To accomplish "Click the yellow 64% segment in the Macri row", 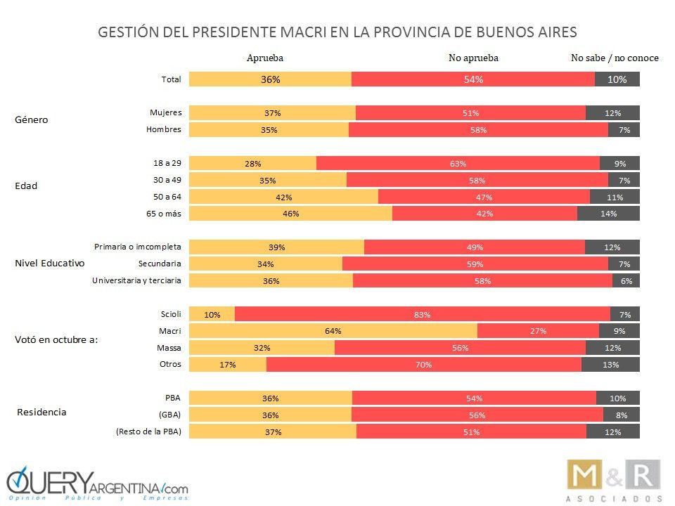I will (333, 331).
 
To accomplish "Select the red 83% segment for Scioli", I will (422, 314).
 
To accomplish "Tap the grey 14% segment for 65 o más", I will (608, 214).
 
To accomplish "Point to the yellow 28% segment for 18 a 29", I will (253, 164).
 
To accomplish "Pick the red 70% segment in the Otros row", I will (423, 365).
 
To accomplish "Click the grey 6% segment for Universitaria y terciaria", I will (626, 281).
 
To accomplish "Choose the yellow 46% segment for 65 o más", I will (291, 214).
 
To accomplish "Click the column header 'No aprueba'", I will (473, 58).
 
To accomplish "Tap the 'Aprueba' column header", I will (265, 58).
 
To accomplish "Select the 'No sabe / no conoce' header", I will (615, 58).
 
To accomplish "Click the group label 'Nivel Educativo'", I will (50, 264).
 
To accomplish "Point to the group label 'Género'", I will (32, 119).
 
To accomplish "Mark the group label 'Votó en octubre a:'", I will (56, 339).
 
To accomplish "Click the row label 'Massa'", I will (169, 347).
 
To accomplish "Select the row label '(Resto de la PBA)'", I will (148, 432).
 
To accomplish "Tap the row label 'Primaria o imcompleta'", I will (138, 247).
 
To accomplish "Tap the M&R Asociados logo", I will (614, 481).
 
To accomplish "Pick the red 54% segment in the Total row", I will (473, 79).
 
